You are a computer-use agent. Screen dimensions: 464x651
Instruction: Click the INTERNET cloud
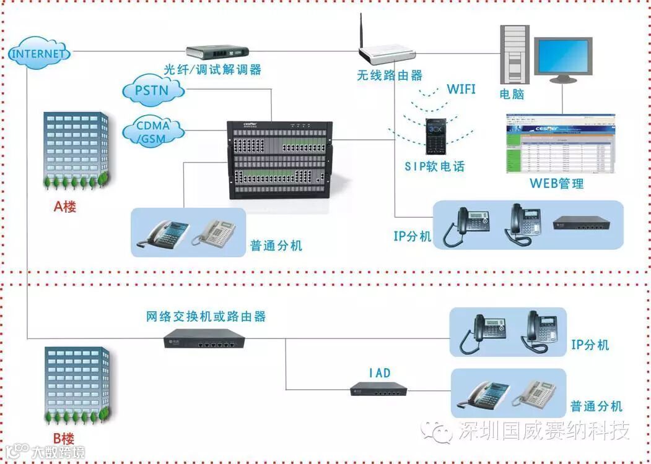38,53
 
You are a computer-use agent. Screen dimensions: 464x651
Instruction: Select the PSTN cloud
154,92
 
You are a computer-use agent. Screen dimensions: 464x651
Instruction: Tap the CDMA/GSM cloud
153,131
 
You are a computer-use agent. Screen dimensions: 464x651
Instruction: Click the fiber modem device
217,52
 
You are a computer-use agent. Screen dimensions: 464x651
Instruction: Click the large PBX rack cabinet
280,158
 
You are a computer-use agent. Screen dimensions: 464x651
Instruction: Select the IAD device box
379,389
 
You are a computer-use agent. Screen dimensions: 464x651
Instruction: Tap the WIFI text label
461,89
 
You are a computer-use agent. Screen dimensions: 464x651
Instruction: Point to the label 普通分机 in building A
276,246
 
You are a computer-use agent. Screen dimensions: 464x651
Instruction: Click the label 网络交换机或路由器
206,316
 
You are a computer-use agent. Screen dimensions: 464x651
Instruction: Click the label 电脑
512,94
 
